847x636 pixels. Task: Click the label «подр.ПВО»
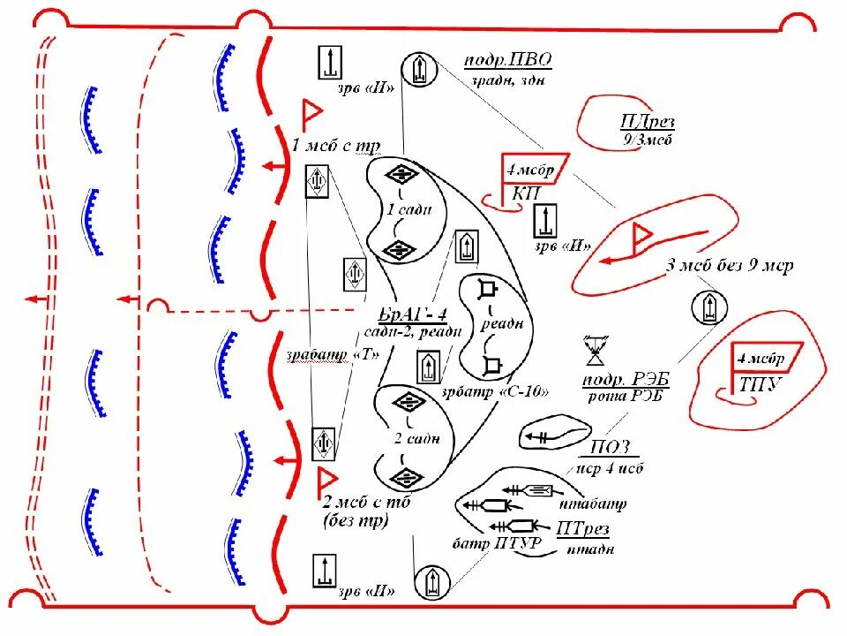click(508, 60)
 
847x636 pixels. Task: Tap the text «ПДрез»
click(648, 122)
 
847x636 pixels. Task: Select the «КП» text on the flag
click(521, 193)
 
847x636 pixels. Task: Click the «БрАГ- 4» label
click(413, 315)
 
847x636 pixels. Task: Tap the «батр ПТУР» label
click(485, 541)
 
